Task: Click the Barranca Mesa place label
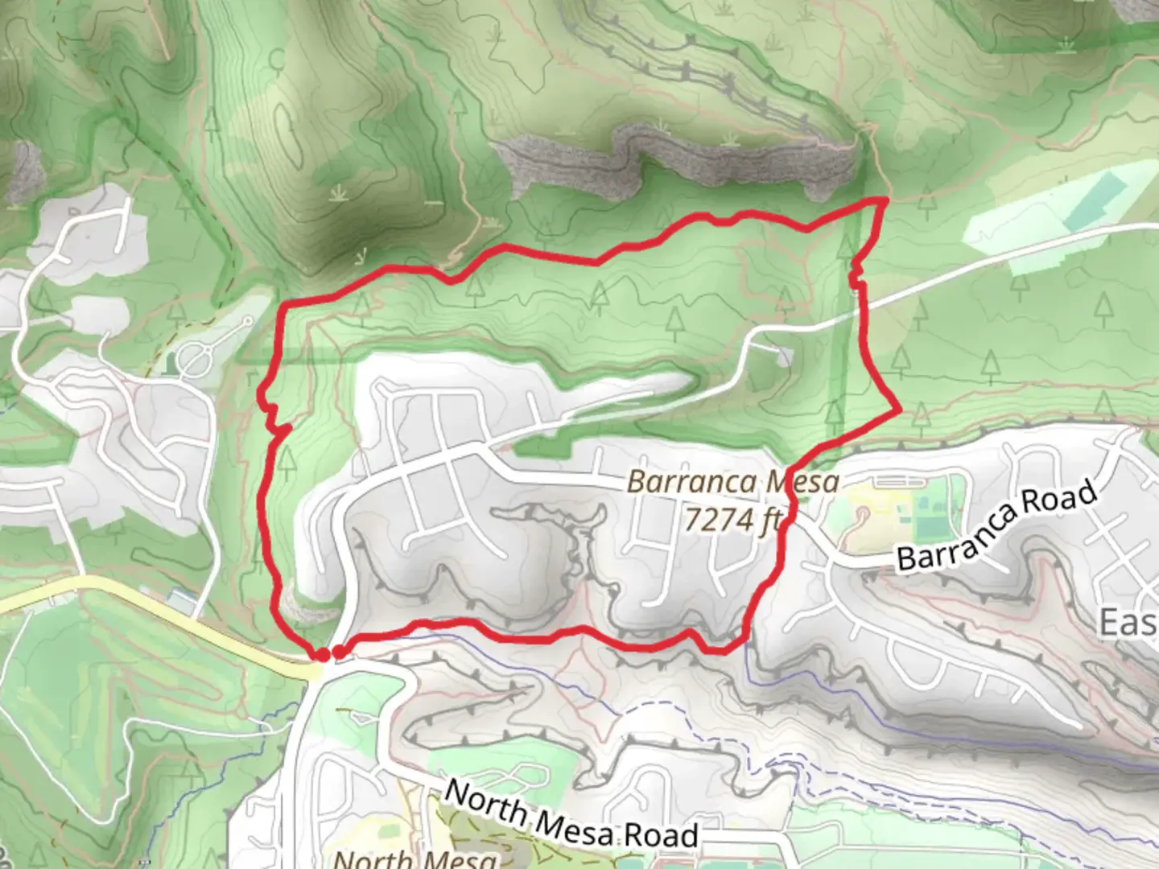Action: (732, 483)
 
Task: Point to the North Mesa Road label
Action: (571, 815)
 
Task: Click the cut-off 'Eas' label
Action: (1128, 622)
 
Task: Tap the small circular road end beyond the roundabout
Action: (249, 321)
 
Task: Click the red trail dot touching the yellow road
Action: (321, 655)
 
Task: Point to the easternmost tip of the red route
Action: (899, 410)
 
